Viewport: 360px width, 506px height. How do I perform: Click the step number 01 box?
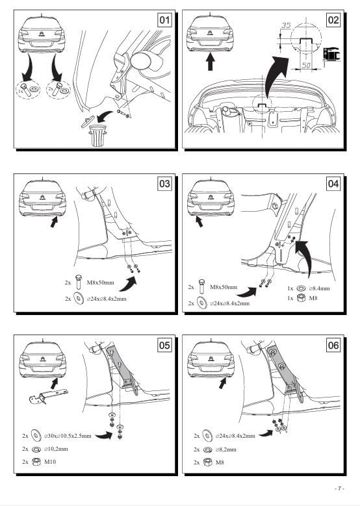[164, 20]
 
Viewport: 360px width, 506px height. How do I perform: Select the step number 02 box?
[333, 20]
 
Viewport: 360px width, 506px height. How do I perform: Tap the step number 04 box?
[333, 184]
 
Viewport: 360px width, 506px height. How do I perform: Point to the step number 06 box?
[333, 346]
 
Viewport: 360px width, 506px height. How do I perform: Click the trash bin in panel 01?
[97, 135]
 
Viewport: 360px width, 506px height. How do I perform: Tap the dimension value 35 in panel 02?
[286, 25]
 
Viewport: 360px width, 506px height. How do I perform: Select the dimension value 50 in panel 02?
[306, 65]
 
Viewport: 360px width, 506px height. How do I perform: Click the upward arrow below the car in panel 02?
[210, 62]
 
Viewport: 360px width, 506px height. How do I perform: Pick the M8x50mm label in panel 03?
[101, 283]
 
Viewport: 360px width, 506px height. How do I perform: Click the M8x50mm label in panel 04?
[224, 287]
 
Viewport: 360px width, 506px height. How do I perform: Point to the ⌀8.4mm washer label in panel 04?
[319, 288]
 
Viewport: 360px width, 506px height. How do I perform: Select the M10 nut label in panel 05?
[50, 462]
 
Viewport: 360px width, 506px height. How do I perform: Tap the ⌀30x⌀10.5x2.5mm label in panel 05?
[68, 436]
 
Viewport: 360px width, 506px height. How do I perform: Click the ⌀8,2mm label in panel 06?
[225, 449]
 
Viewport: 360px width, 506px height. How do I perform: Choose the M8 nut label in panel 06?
[220, 462]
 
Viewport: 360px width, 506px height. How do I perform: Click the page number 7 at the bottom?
[339, 488]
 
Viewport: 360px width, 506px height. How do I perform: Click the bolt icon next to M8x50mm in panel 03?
[79, 282]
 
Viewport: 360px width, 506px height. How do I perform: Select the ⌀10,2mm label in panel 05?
[56, 449]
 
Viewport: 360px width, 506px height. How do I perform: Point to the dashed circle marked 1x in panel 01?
[28, 89]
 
